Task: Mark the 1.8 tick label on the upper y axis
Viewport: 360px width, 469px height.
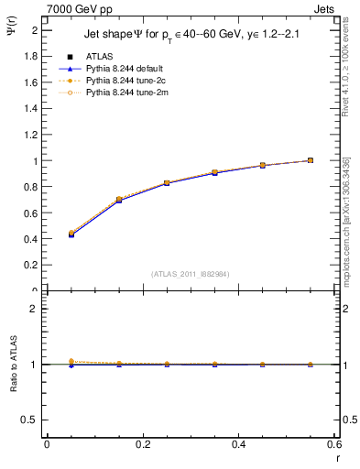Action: [x=29, y=56]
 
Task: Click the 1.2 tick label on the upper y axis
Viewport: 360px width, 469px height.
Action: [x=29, y=135]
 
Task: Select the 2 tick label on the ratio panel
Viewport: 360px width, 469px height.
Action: [x=34, y=309]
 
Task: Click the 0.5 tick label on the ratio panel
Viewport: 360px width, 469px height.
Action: [x=30, y=420]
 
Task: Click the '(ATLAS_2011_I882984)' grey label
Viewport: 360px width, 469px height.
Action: [x=191, y=274]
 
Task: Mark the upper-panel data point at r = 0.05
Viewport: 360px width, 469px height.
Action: [x=71, y=234]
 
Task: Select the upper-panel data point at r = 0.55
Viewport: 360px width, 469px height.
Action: [x=311, y=160]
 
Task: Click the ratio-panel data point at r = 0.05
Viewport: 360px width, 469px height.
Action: [x=71, y=364]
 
